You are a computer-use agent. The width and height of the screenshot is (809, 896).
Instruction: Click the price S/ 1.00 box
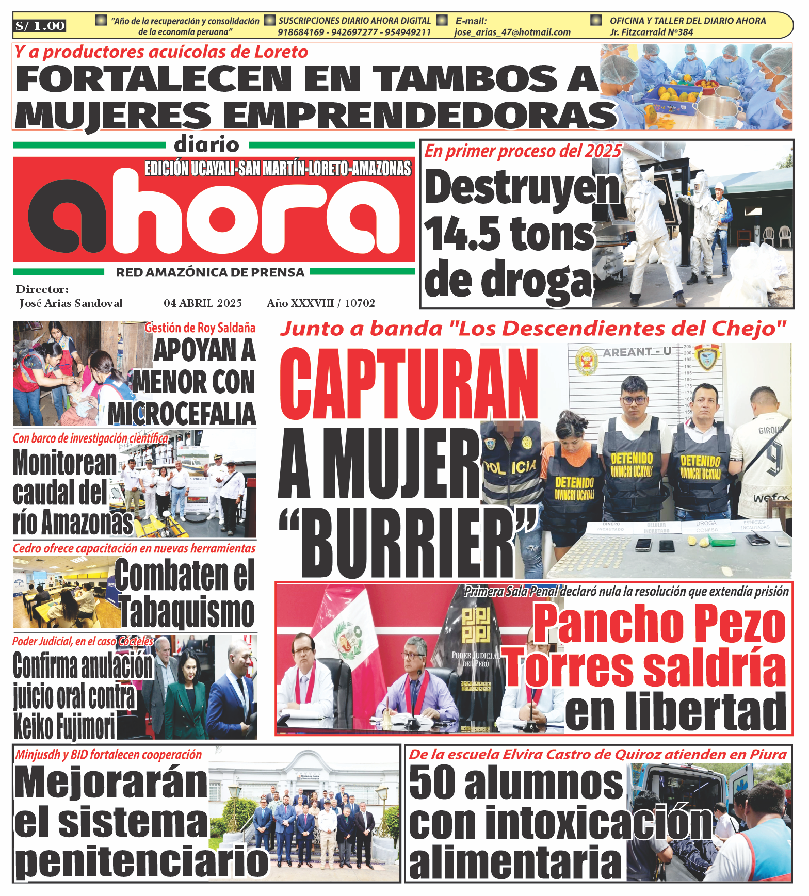pyautogui.click(x=40, y=26)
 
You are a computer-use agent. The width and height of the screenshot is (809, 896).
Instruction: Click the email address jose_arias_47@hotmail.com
pyautogui.click(x=512, y=32)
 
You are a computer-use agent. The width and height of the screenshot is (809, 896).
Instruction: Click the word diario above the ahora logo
pyautogui.click(x=206, y=144)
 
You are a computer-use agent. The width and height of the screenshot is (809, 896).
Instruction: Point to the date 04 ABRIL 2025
pyautogui.click(x=203, y=303)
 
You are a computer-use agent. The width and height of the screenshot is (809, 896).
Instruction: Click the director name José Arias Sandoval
pyautogui.click(x=71, y=303)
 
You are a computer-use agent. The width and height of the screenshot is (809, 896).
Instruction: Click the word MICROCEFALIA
pyautogui.click(x=182, y=413)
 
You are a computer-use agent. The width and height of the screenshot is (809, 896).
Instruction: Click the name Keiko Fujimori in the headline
pyautogui.click(x=64, y=726)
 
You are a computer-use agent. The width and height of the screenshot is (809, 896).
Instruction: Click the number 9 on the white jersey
pyautogui.click(x=773, y=457)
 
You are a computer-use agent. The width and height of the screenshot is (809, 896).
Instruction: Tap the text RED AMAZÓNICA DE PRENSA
pyautogui.click(x=210, y=272)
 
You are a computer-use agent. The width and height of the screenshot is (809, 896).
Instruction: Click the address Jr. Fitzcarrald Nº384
pyautogui.click(x=651, y=32)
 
